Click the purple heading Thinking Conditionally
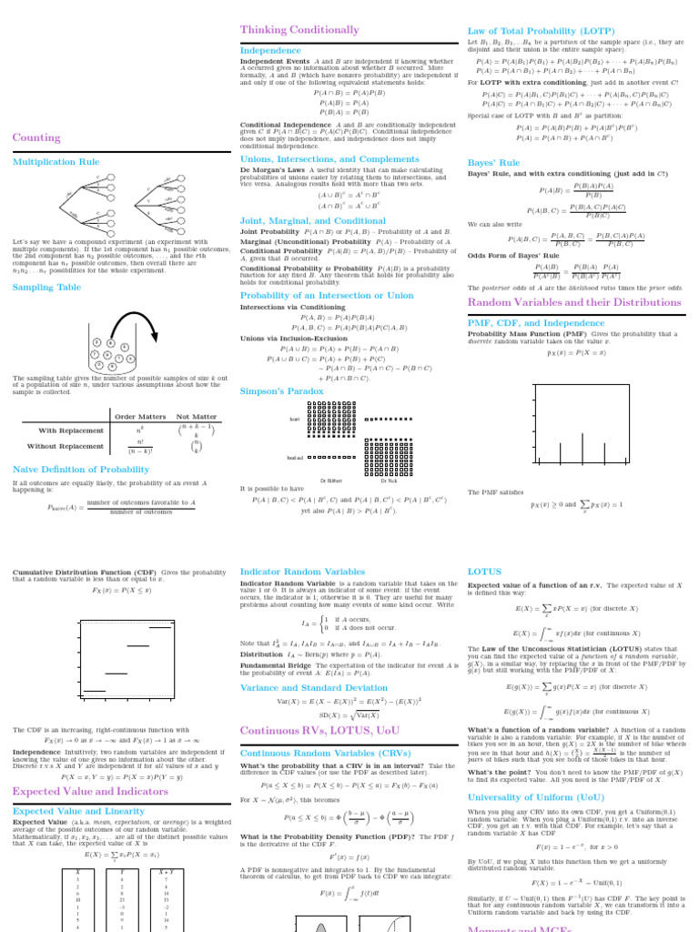pos(287,30)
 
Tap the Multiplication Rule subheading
pos(56,161)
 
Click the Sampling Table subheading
pos(46,288)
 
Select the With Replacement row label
pos(70,431)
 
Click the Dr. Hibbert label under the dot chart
pos(332,480)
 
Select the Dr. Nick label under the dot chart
pos(389,480)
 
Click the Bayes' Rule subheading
pos(493,163)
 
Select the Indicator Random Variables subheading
pos(302,572)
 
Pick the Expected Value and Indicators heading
pos(89,792)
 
